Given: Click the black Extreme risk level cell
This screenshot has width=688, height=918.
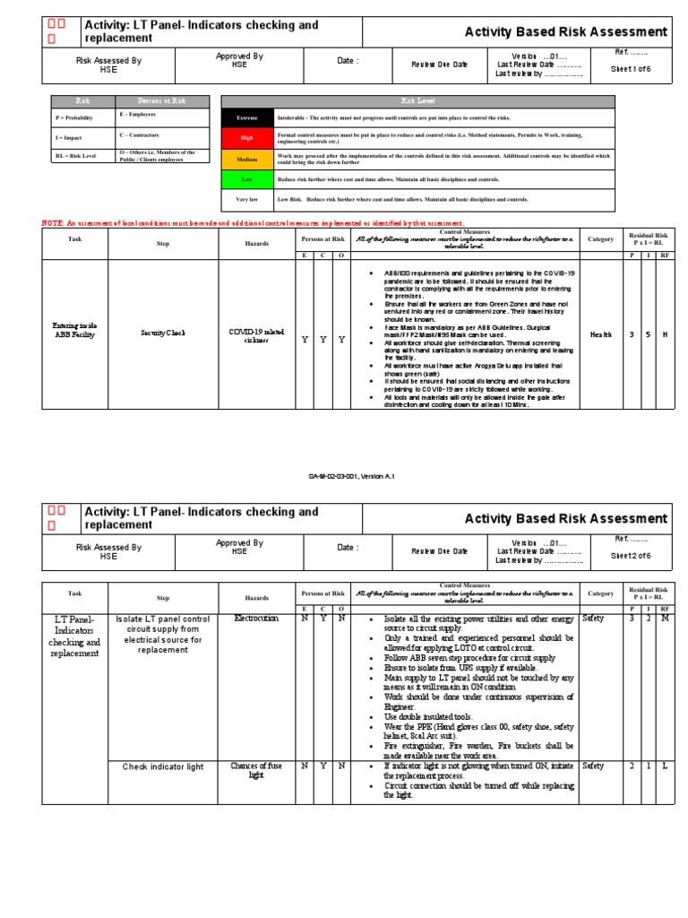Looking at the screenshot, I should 246,117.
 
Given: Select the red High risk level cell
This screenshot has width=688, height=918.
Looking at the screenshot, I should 246,138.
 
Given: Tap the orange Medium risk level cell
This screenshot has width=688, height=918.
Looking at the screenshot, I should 246,160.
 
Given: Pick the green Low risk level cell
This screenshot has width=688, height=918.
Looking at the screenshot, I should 246,179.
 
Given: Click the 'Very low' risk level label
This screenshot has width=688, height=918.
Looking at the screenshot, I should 246,199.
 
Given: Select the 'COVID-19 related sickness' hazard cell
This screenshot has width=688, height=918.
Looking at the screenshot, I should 256,334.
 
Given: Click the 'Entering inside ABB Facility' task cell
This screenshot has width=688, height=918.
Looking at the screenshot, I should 75,330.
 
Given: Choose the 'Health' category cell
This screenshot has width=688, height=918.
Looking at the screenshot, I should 600,334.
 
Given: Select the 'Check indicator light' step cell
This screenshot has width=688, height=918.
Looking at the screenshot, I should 163,766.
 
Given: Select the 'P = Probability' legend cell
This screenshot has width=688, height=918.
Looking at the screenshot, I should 72,116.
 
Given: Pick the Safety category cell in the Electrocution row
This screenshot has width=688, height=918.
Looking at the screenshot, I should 593,619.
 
